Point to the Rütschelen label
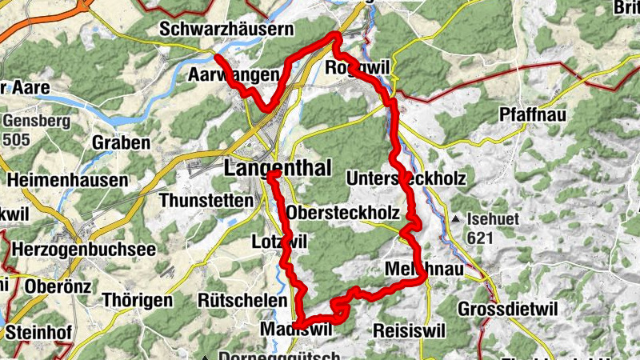242,300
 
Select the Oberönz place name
55,286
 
